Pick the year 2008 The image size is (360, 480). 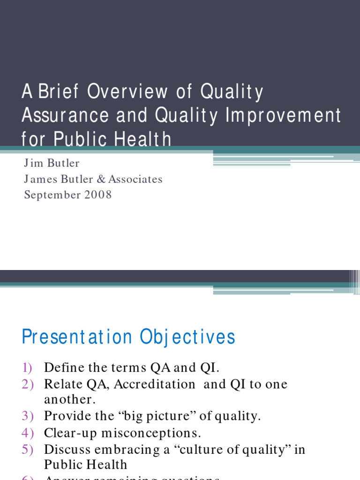[98, 195]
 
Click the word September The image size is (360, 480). [52, 195]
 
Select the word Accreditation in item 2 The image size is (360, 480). [155, 384]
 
